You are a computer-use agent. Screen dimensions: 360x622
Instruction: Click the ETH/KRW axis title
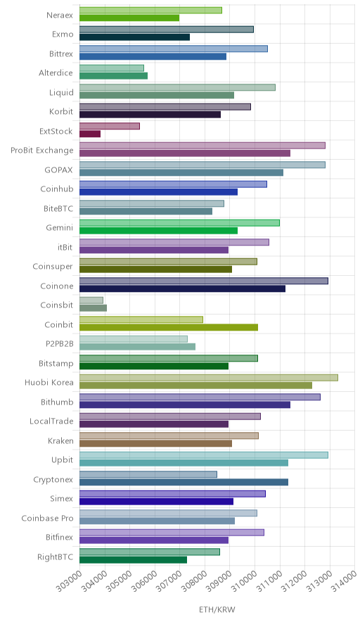217,610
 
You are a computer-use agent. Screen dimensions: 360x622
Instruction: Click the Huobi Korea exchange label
49,382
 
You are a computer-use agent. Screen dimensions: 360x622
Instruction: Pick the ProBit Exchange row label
42,151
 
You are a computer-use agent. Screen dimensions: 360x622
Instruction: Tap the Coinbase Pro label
47,518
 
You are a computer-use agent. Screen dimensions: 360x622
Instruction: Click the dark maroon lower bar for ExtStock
90,134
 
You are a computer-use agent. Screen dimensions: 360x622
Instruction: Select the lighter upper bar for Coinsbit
91,300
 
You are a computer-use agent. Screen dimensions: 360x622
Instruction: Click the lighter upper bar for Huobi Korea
209,378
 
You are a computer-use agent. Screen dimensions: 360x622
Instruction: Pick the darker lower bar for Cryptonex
184,482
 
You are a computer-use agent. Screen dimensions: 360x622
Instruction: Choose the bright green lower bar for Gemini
159,231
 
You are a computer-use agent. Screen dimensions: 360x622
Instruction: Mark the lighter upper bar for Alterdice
112,68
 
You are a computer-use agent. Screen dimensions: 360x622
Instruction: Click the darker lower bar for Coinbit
169,327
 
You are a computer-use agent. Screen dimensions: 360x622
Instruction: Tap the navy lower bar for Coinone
182,288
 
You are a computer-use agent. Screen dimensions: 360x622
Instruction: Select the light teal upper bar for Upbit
204,455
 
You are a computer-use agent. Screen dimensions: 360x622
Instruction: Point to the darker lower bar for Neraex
129,18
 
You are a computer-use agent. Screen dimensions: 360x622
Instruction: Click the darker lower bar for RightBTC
133,559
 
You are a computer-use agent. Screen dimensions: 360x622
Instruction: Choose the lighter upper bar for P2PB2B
134,338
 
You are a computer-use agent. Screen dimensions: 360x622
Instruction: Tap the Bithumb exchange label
57,402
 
